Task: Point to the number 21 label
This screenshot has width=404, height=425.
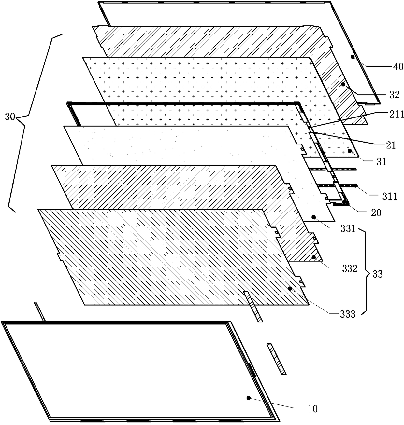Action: coord(391,145)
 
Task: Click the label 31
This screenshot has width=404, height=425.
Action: coord(381,162)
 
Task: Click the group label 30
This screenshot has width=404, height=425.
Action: coord(10,117)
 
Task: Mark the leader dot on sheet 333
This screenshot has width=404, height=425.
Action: coord(290,288)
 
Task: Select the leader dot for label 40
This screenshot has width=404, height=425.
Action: coord(352,57)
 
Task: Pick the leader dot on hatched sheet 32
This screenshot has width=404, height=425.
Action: coord(343,84)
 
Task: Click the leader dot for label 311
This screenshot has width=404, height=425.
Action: coord(356,186)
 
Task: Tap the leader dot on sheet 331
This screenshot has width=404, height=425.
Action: coord(313,217)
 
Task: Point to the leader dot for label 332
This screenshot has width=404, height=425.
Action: coord(313,257)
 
